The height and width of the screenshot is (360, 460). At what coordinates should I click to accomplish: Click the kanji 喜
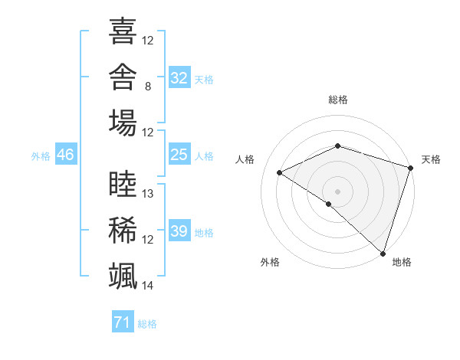(x=123, y=31)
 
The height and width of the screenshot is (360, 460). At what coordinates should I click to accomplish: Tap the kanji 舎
(x=123, y=77)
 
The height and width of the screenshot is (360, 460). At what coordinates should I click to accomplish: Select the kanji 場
(x=123, y=123)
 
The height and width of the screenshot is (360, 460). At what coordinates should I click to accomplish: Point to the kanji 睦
(x=123, y=184)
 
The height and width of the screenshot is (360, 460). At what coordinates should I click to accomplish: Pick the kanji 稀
(x=123, y=230)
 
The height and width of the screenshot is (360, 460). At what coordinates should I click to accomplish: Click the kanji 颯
(x=123, y=276)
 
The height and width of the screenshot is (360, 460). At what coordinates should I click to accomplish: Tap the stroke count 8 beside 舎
(x=148, y=87)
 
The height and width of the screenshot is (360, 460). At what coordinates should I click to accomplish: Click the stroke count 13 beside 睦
(x=147, y=194)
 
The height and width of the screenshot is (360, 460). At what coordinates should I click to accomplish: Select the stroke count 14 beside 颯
(x=147, y=286)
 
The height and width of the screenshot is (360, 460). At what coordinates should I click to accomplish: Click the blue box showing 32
(x=179, y=77)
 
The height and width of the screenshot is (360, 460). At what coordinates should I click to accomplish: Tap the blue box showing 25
(x=179, y=154)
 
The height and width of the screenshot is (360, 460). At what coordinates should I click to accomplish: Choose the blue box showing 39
(x=179, y=230)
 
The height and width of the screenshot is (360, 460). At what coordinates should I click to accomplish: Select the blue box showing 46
(x=66, y=154)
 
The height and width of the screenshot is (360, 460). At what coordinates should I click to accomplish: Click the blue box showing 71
(x=123, y=321)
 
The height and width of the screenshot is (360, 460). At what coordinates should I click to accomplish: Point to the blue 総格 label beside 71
(x=147, y=324)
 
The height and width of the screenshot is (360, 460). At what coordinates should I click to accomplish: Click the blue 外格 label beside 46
(x=41, y=156)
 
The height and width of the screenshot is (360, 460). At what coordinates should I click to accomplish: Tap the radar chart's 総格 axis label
(x=338, y=100)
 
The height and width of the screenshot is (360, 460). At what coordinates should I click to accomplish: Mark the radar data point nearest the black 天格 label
(x=411, y=168)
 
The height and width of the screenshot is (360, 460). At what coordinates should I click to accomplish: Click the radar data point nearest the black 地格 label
(x=383, y=254)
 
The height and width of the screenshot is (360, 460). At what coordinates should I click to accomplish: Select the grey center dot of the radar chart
(x=337, y=191)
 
